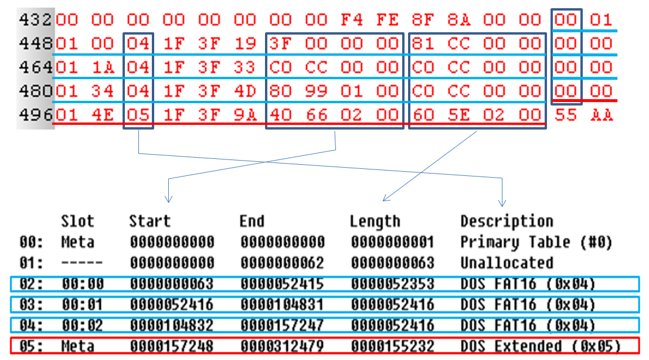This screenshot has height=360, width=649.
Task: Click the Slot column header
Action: coord(77,222)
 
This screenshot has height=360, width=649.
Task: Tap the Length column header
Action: coord(375,222)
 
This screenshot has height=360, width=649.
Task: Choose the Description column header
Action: coord(507,222)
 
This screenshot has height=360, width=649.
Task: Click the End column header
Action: coord(252,222)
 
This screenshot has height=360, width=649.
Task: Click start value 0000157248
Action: coord(172,346)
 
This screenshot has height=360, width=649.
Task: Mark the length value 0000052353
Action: coord(392,284)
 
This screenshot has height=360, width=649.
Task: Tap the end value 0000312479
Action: coord(282,346)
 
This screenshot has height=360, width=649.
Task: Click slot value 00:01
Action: coord(82,305)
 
